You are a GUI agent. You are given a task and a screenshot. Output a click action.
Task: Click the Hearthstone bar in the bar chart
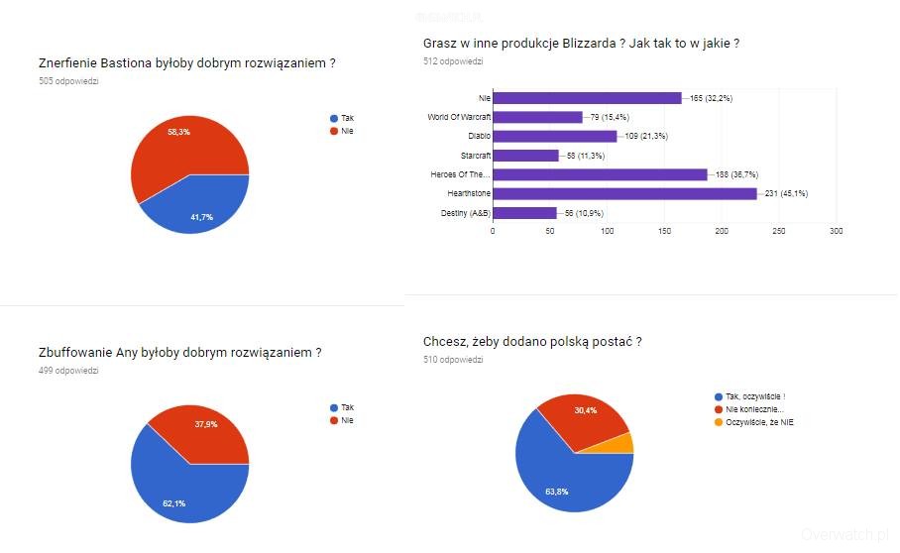pyautogui.click(x=624, y=193)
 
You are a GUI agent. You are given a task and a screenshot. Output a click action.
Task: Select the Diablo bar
pyautogui.click(x=555, y=136)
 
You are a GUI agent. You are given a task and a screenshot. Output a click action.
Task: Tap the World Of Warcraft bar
pyautogui.click(x=537, y=117)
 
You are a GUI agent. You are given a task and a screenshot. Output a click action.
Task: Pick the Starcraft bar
pyautogui.click(x=525, y=156)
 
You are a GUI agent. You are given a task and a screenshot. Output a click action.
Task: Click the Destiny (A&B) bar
pyautogui.click(x=524, y=213)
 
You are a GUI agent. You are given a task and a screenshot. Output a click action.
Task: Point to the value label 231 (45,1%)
pyautogui.click(x=786, y=194)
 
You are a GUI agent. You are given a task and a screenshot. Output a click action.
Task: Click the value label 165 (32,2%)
pyautogui.click(x=710, y=98)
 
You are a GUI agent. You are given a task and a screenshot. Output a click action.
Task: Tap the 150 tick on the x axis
pyautogui.click(x=664, y=231)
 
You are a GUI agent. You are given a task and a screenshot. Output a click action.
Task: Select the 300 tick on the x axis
pyautogui.click(x=836, y=231)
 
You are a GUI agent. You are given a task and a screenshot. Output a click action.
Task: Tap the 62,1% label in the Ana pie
pyautogui.click(x=173, y=503)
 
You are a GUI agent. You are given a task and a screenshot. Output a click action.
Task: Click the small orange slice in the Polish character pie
pyautogui.click(x=624, y=443)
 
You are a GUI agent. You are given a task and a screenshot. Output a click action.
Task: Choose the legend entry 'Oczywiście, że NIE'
pyautogui.click(x=759, y=422)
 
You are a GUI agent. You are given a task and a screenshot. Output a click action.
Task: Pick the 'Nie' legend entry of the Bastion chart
pyautogui.click(x=347, y=131)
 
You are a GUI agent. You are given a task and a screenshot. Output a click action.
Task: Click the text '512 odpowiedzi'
pyautogui.click(x=452, y=61)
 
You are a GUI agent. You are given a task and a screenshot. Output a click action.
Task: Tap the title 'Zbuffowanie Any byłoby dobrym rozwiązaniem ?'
pyautogui.click(x=179, y=352)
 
